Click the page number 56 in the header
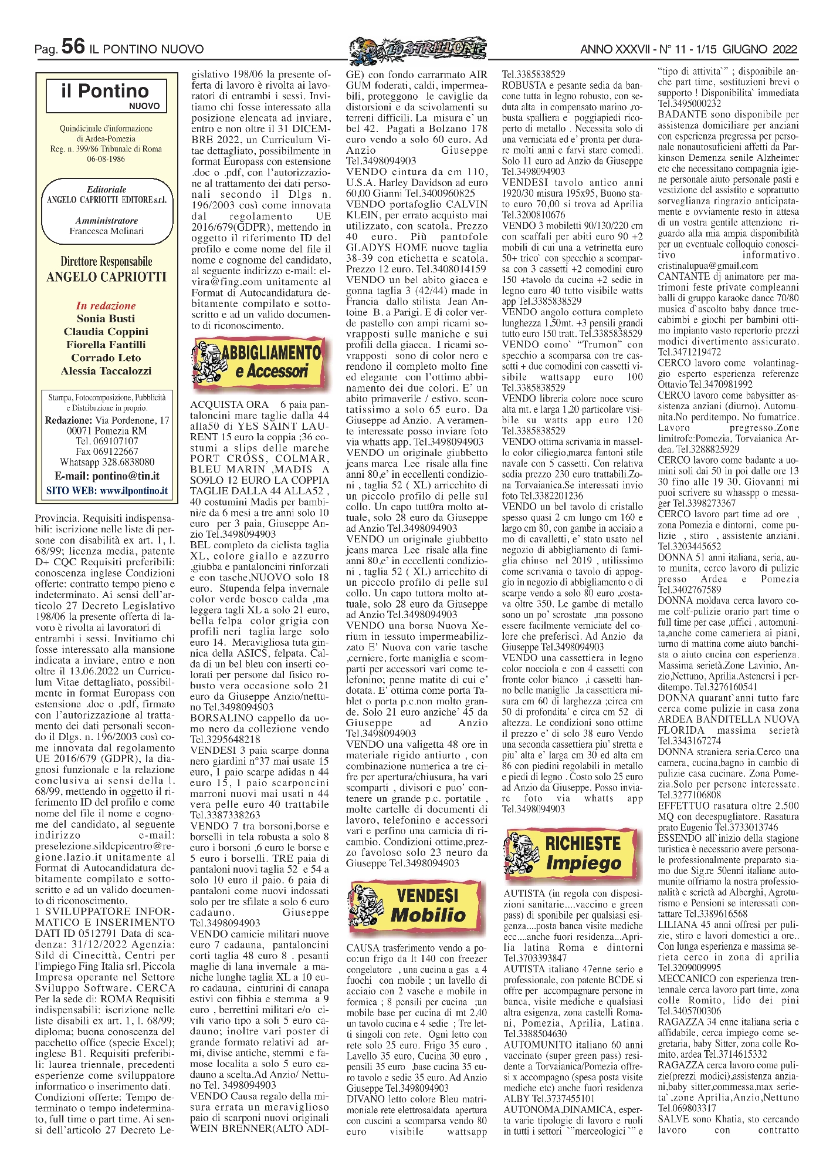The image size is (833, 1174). click(73, 48)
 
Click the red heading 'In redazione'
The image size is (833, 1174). click(106, 305)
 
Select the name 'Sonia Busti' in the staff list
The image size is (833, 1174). click(106, 319)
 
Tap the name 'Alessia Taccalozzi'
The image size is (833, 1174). click(106, 371)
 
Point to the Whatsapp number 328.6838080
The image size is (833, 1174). click(127, 462)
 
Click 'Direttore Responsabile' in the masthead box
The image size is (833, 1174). click(106, 262)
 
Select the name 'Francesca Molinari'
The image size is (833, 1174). click(106, 231)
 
